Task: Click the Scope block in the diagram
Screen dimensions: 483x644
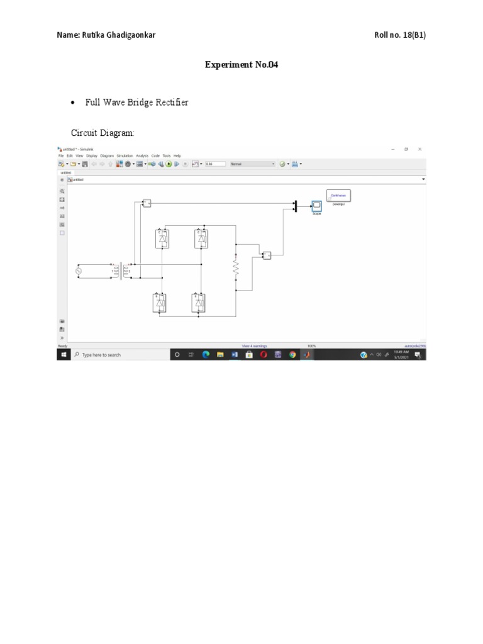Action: click(317, 206)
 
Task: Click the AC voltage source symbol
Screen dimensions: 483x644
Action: click(79, 271)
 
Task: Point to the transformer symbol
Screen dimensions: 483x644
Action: click(122, 271)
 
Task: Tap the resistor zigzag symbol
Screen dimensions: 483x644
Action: click(236, 267)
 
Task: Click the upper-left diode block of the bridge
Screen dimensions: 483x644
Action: click(162, 239)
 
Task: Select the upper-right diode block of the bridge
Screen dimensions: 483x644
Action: click(201, 239)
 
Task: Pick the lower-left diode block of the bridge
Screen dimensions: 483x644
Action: click(160, 303)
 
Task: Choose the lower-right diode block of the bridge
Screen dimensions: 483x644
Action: click(199, 303)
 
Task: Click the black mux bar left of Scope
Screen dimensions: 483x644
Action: click(295, 206)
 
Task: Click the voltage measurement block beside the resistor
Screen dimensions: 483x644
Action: click(267, 255)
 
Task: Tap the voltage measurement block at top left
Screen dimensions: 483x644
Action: click(147, 203)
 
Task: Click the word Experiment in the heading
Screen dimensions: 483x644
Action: click(227, 65)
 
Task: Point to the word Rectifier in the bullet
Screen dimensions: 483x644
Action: click(174, 103)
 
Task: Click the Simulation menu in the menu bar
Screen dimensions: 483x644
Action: click(124, 155)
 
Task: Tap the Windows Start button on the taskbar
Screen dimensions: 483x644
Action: click(63, 355)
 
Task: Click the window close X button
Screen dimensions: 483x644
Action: click(419, 149)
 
